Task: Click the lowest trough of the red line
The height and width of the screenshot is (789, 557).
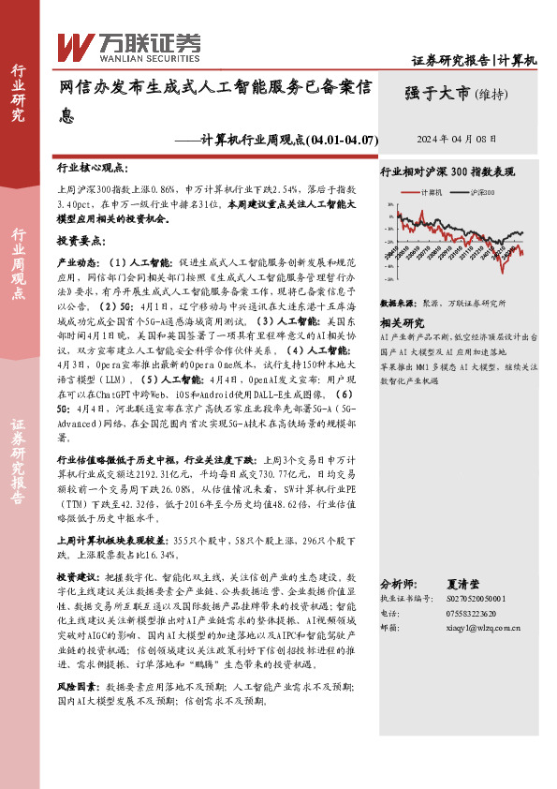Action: [x=503, y=272]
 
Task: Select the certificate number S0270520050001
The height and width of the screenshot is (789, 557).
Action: [x=471, y=597]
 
